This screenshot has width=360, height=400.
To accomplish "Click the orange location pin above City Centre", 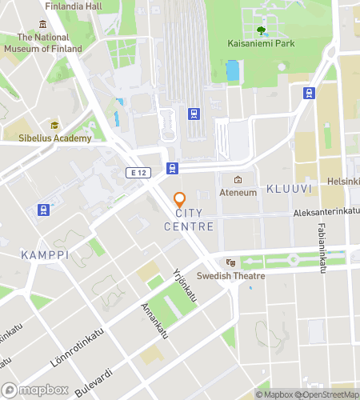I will pos(179,199).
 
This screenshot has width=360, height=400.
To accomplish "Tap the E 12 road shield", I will pos(138,171).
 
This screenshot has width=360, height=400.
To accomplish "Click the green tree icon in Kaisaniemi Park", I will pos(262,32).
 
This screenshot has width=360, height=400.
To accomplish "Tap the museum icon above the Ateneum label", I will pos(237,179).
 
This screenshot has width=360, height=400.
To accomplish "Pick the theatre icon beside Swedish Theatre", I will pos(230,262).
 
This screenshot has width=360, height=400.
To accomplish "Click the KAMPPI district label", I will pos(43,254).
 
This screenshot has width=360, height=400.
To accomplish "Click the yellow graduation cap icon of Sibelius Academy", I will pos(54,126).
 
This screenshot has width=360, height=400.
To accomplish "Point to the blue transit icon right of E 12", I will pos(171,168).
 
